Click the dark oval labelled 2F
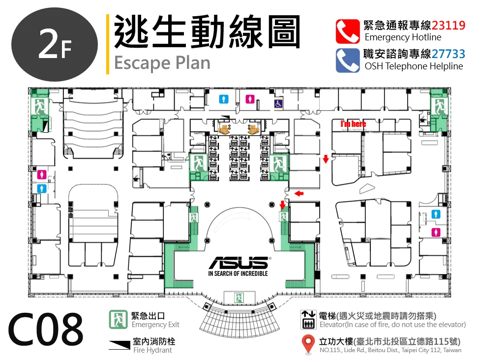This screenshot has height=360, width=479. pyautogui.click(x=55, y=45)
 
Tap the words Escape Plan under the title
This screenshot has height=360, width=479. pyautogui.click(x=162, y=63)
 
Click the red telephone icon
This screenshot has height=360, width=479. pyautogui.click(x=348, y=31)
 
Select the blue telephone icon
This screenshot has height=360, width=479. pyautogui.click(x=348, y=60)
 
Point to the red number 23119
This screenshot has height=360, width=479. pyautogui.click(x=449, y=25)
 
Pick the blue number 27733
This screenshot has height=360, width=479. pyautogui.click(x=449, y=54)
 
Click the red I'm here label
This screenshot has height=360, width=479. pyautogui.click(x=354, y=124)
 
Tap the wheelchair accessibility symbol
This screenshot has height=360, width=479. pyautogui.click(x=278, y=104)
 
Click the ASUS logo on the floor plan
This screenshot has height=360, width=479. pyautogui.click(x=239, y=263)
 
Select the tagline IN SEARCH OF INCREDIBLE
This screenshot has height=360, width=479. pyautogui.click(x=238, y=273)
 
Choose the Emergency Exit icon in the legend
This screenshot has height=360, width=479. pyautogui.click(x=118, y=319)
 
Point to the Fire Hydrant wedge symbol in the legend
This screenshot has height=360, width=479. pyautogui.click(x=120, y=345)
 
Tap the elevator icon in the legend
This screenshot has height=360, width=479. pyautogui.click(x=308, y=320)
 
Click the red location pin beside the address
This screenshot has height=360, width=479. pyautogui.click(x=308, y=344)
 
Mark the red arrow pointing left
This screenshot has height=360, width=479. pyautogui.click(x=299, y=193)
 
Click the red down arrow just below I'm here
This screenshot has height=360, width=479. pyautogui.click(x=326, y=159)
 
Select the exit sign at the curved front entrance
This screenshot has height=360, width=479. pyautogui.click(x=239, y=298)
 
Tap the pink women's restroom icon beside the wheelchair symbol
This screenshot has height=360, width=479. pyautogui.click(x=250, y=99)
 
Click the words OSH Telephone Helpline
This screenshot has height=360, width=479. pyautogui.click(x=414, y=66)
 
